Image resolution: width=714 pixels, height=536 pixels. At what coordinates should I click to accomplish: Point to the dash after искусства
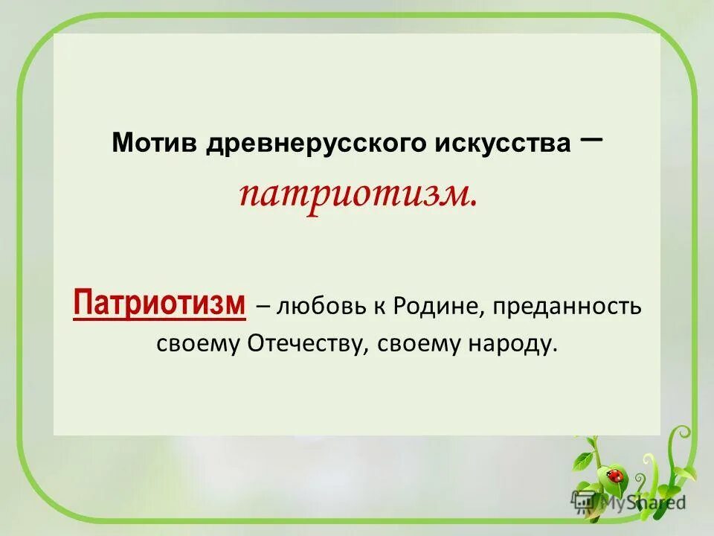pyautogui.click(x=589, y=134)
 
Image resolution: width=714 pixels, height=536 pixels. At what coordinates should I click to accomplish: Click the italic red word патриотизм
pyautogui.click(x=357, y=194)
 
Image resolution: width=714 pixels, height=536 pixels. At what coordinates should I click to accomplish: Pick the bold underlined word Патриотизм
pyautogui.click(x=159, y=304)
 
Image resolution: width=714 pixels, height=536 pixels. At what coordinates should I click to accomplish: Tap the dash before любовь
pyautogui.click(x=263, y=307)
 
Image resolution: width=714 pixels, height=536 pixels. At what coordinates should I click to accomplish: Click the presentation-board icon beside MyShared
pyautogui.click(x=582, y=501)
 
